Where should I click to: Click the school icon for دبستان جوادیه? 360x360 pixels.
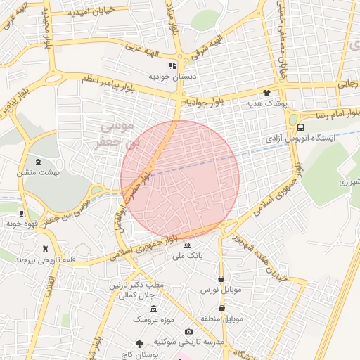click(x=172, y=65)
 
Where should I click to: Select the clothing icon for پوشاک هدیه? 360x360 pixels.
click(x=266, y=92)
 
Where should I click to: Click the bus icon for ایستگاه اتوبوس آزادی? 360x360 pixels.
click(x=300, y=128)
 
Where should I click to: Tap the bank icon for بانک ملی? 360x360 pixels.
click(x=187, y=245)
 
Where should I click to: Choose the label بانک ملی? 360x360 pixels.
click(x=188, y=256)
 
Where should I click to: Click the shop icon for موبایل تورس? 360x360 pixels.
click(x=222, y=278)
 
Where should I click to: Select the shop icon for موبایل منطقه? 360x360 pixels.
click(x=222, y=308)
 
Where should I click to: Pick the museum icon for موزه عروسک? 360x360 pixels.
click(x=153, y=309)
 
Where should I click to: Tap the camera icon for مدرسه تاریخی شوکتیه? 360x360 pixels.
click(x=188, y=331)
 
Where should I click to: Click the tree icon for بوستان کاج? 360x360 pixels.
click(x=139, y=343)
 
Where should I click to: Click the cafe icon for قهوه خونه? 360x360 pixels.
click(x=22, y=212)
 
